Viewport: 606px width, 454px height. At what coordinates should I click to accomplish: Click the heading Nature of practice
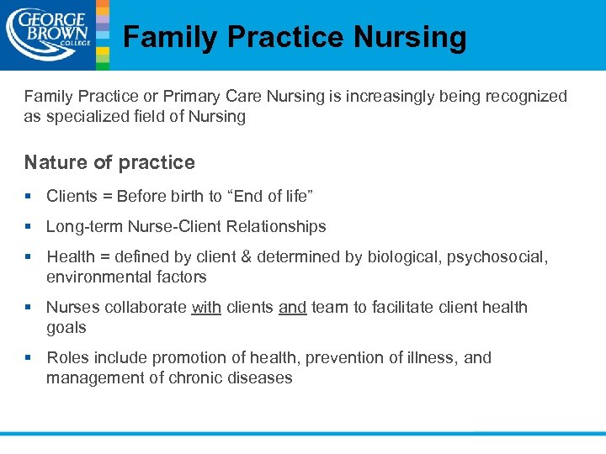pyautogui.click(x=109, y=162)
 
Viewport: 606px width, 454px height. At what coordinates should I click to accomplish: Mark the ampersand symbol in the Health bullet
pyautogui.click(x=249, y=256)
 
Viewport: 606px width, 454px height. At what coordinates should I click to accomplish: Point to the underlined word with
pyautogui.click(x=206, y=307)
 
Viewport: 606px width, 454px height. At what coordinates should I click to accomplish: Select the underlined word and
pyautogui.click(x=292, y=307)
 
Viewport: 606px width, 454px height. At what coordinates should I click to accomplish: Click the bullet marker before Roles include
pyautogui.click(x=29, y=357)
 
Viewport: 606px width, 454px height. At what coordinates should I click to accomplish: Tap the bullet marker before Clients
pyautogui.click(x=29, y=196)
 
